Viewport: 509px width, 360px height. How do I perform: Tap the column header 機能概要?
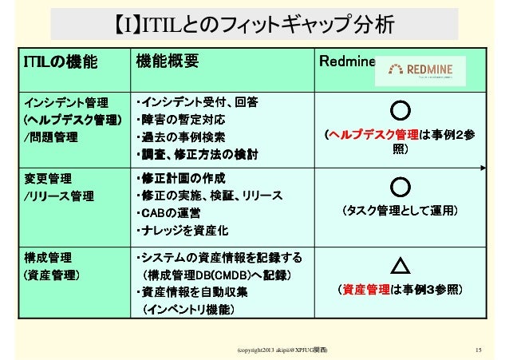coord(167,61)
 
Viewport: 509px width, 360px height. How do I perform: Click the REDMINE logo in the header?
coord(421,69)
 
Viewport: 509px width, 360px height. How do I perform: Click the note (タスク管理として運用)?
coord(399,211)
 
